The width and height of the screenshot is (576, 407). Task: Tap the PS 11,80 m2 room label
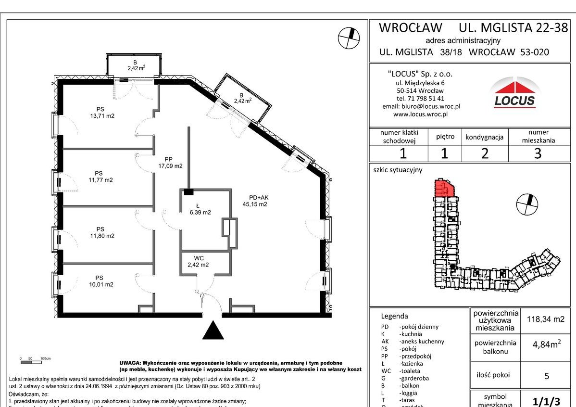[x=100, y=232]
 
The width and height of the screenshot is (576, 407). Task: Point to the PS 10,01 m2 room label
[x=100, y=281]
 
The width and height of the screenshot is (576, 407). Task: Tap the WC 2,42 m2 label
[x=198, y=262]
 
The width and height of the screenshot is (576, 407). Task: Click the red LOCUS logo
[x=514, y=94]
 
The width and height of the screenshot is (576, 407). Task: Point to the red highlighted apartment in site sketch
[x=443, y=189]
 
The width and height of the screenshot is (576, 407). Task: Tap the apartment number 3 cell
[x=538, y=153]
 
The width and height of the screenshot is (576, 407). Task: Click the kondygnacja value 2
[x=484, y=153]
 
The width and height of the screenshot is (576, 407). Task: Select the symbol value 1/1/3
[x=546, y=399]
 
